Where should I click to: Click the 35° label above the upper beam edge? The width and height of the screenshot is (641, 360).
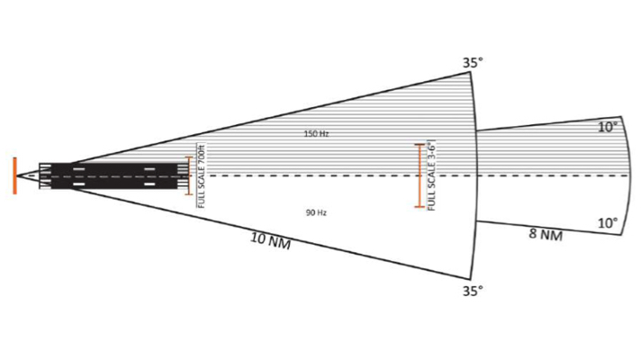pyautogui.click(x=473, y=63)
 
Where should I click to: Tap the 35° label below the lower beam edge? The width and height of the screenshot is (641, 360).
pyautogui.click(x=473, y=291)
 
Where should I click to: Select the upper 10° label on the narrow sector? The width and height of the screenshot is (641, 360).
pyautogui.click(x=608, y=127)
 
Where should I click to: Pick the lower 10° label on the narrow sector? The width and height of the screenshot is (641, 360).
pyautogui.click(x=608, y=223)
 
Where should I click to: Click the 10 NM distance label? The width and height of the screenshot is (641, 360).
pyautogui.click(x=270, y=240)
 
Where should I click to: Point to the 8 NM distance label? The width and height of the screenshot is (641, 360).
pyautogui.click(x=546, y=235)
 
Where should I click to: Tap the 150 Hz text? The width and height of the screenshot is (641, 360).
pyautogui.click(x=316, y=133)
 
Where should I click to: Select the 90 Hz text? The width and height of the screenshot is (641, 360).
pyautogui.click(x=316, y=213)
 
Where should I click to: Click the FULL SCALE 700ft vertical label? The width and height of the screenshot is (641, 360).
pyautogui.click(x=201, y=175)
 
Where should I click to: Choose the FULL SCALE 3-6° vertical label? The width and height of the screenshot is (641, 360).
pyautogui.click(x=432, y=175)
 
